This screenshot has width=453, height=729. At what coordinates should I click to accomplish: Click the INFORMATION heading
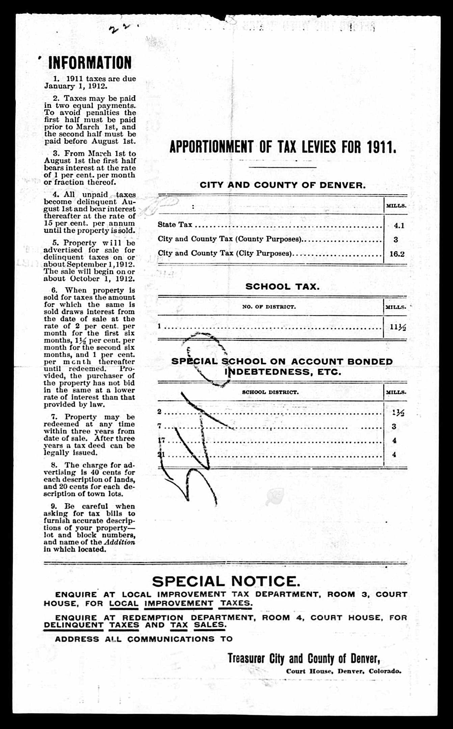90,63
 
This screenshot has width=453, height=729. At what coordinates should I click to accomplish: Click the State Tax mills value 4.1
399,226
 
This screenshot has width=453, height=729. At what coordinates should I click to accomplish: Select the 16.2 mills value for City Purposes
397,254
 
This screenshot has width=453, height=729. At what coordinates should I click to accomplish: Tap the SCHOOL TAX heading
282,286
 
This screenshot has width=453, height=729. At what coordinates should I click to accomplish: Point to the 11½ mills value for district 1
398,327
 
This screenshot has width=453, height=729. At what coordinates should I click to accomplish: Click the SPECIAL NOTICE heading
226,581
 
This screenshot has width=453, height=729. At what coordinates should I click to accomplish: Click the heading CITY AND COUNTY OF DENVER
283,185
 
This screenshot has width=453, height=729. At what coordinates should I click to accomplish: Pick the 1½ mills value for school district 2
398,413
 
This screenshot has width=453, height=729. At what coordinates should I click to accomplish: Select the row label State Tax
175,225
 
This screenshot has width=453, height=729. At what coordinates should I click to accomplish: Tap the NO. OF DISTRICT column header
269,307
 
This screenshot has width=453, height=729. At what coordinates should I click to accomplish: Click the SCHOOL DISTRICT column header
270,392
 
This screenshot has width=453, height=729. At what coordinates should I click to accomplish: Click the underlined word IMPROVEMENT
179,603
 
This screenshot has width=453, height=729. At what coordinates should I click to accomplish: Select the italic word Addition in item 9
119,542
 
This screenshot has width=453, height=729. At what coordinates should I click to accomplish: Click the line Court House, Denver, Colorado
344,671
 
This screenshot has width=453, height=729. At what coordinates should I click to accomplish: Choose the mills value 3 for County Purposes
396,240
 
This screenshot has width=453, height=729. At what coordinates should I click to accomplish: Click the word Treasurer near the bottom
246,658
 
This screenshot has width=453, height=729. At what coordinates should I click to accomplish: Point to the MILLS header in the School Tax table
396,307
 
